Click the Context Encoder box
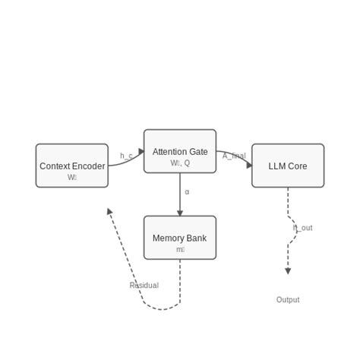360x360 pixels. [x=72, y=166]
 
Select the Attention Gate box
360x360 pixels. [x=180, y=151]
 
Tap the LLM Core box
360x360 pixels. [x=288, y=166]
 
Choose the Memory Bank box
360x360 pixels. [x=180, y=238]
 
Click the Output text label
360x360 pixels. [x=288, y=300]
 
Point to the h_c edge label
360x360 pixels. [x=126, y=156]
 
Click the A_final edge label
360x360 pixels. [x=234, y=156]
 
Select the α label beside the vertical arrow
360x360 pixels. [x=187, y=192]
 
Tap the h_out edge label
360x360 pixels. [x=302, y=228]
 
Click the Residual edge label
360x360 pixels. [x=144, y=286]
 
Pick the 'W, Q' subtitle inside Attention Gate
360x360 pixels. [x=180, y=163]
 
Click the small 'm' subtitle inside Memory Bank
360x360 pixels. [x=180, y=250]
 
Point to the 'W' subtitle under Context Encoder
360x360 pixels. [x=72, y=178]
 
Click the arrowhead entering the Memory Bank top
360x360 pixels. [x=180, y=213]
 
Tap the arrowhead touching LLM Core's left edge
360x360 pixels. [x=248, y=165]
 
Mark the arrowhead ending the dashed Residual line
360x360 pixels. [x=109, y=212]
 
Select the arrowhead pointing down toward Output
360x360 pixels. [x=288, y=270]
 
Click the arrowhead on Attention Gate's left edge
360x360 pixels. [x=141, y=152]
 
